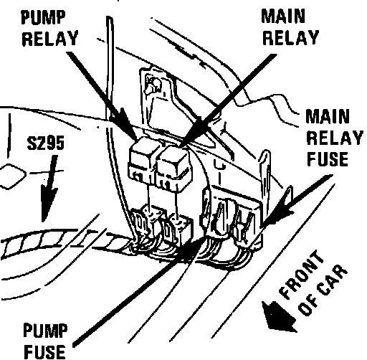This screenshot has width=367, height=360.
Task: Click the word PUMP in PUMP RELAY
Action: tap(43, 17)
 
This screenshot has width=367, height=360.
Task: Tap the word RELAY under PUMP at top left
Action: tap(50, 38)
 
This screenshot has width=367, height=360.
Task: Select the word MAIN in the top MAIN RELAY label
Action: tap(283, 16)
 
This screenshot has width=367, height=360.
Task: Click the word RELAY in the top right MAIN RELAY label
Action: tap(291, 37)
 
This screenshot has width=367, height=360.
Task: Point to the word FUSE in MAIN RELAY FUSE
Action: tap(328, 159)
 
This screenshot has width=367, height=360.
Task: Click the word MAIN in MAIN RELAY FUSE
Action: tap(328, 116)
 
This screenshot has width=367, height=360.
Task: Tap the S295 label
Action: tap(46, 143)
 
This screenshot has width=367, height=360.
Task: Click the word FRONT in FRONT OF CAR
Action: tap(302, 275)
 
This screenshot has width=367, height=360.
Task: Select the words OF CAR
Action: tap(323, 290)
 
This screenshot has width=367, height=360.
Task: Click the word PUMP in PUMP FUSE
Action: tap(45, 331)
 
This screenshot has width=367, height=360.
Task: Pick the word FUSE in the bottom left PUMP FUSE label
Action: tap(44, 351)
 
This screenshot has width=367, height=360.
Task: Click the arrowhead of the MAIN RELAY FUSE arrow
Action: tap(277, 213)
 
